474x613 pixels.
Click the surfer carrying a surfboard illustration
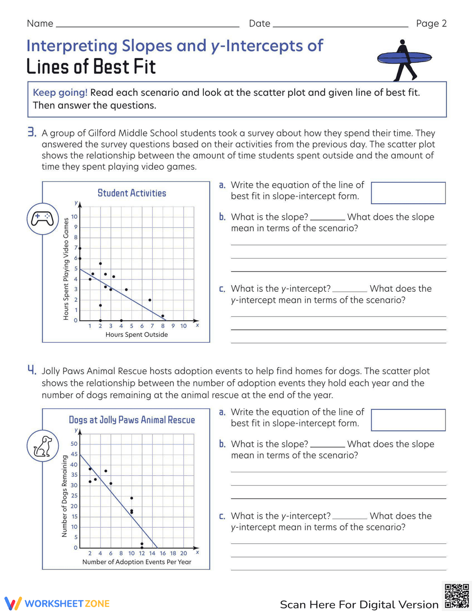[404, 60]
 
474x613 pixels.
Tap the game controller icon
[42, 218]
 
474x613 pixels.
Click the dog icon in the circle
[42, 446]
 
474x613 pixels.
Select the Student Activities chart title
[132, 193]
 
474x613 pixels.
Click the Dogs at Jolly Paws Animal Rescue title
[132, 420]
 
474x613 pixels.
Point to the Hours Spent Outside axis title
[137, 334]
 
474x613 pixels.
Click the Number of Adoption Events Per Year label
[137, 562]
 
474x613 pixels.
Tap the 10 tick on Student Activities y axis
[74, 217]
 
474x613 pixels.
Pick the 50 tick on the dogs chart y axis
[74, 444]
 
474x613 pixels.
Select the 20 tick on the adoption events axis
[183, 553]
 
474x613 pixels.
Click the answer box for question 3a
[408, 193]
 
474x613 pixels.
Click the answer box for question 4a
[408, 420]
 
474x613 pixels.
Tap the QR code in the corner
[457, 596]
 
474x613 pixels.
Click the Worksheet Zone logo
[57, 604]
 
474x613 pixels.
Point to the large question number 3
[31, 132]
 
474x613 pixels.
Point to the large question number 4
[31, 370]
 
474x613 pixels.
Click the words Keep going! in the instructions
[60, 93]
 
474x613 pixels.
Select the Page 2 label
[431, 24]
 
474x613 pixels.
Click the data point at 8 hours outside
[163, 316]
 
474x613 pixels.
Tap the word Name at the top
[40, 24]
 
